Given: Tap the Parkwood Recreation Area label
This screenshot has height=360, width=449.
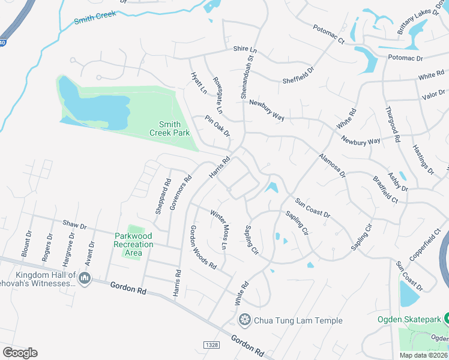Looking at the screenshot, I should coord(134,244).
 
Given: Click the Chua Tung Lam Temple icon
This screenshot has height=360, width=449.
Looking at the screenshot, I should coord(244,320).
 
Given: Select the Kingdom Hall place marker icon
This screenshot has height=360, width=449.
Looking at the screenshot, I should coord(85,278).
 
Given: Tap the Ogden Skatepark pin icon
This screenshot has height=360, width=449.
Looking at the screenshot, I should coord(445,319).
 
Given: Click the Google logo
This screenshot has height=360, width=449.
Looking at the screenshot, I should coord(20,352).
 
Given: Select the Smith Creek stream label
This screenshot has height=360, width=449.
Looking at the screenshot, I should coord(94,18).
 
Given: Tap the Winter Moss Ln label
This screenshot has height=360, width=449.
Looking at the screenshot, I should coord(216,229).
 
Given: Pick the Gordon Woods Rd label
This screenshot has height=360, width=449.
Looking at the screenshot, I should coord(203,247).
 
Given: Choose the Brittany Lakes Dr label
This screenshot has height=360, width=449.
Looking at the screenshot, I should coord(414,22).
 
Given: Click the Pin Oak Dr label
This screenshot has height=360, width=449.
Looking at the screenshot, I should coord(217,125).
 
